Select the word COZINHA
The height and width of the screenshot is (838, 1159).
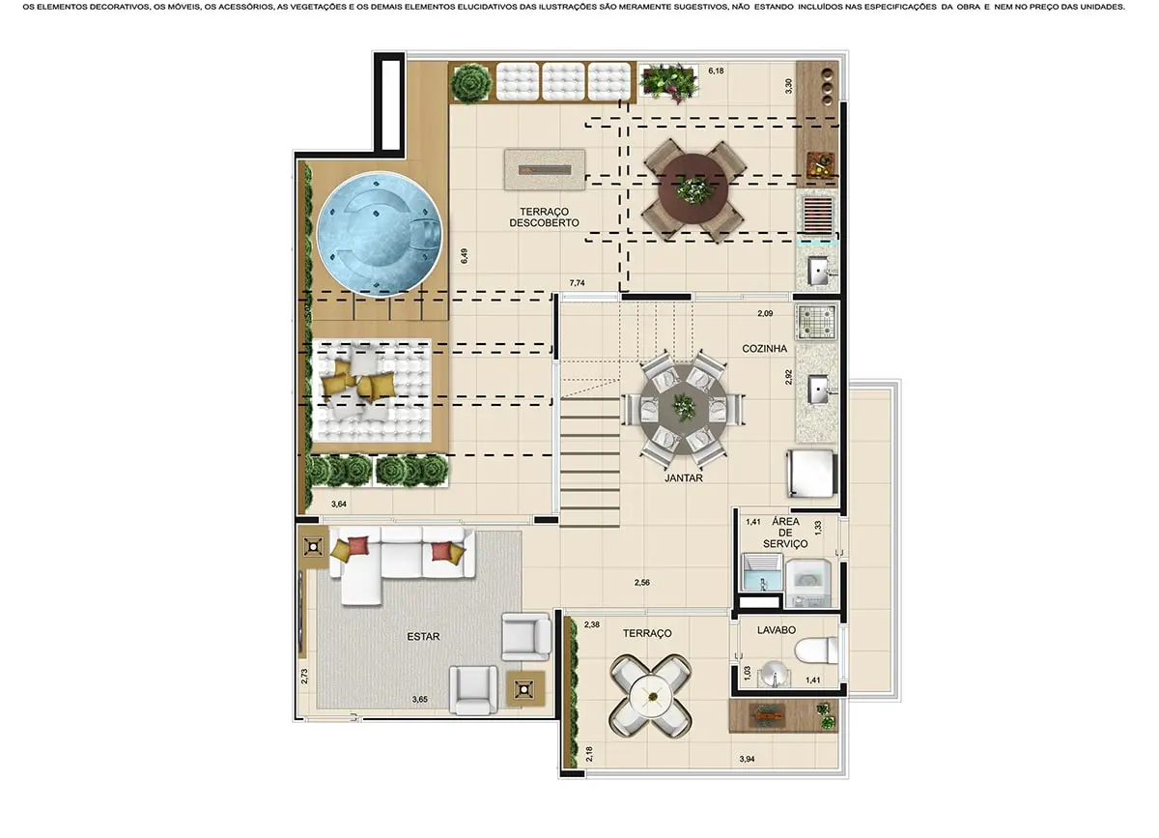(764, 348)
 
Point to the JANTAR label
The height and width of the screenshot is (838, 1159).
(683, 477)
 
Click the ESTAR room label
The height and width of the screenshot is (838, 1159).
(423, 636)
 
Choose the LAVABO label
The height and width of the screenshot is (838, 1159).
(777, 629)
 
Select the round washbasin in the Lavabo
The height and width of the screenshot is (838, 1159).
(770, 673)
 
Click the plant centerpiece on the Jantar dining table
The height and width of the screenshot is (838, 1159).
(684, 406)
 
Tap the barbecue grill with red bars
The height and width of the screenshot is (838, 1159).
(817, 213)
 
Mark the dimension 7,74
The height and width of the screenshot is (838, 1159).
(578, 282)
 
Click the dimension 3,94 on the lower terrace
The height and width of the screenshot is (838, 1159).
(748, 760)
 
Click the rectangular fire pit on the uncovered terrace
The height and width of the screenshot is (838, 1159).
(544, 168)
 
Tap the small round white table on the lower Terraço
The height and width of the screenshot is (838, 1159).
(649, 693)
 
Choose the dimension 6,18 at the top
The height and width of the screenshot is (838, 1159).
(716, 72)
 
